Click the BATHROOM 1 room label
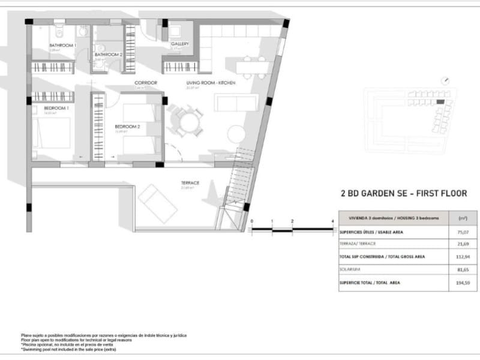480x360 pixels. [x=61, y=46]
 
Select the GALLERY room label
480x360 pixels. [x=180, y=44]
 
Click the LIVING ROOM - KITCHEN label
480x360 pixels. [x=210, y=82]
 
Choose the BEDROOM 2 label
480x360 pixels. [x=127, y=127]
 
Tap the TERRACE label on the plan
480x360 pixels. [x=190, y=182]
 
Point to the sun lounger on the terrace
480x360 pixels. [x=157, y=204]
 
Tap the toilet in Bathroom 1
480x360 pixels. [x=59, y=31]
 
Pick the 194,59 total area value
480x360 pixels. [x=462, y=283]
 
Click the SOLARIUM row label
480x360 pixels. [x=350, y=269]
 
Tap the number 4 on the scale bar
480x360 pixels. [x=332, y=222]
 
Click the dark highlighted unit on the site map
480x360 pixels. [x=440, y=102]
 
